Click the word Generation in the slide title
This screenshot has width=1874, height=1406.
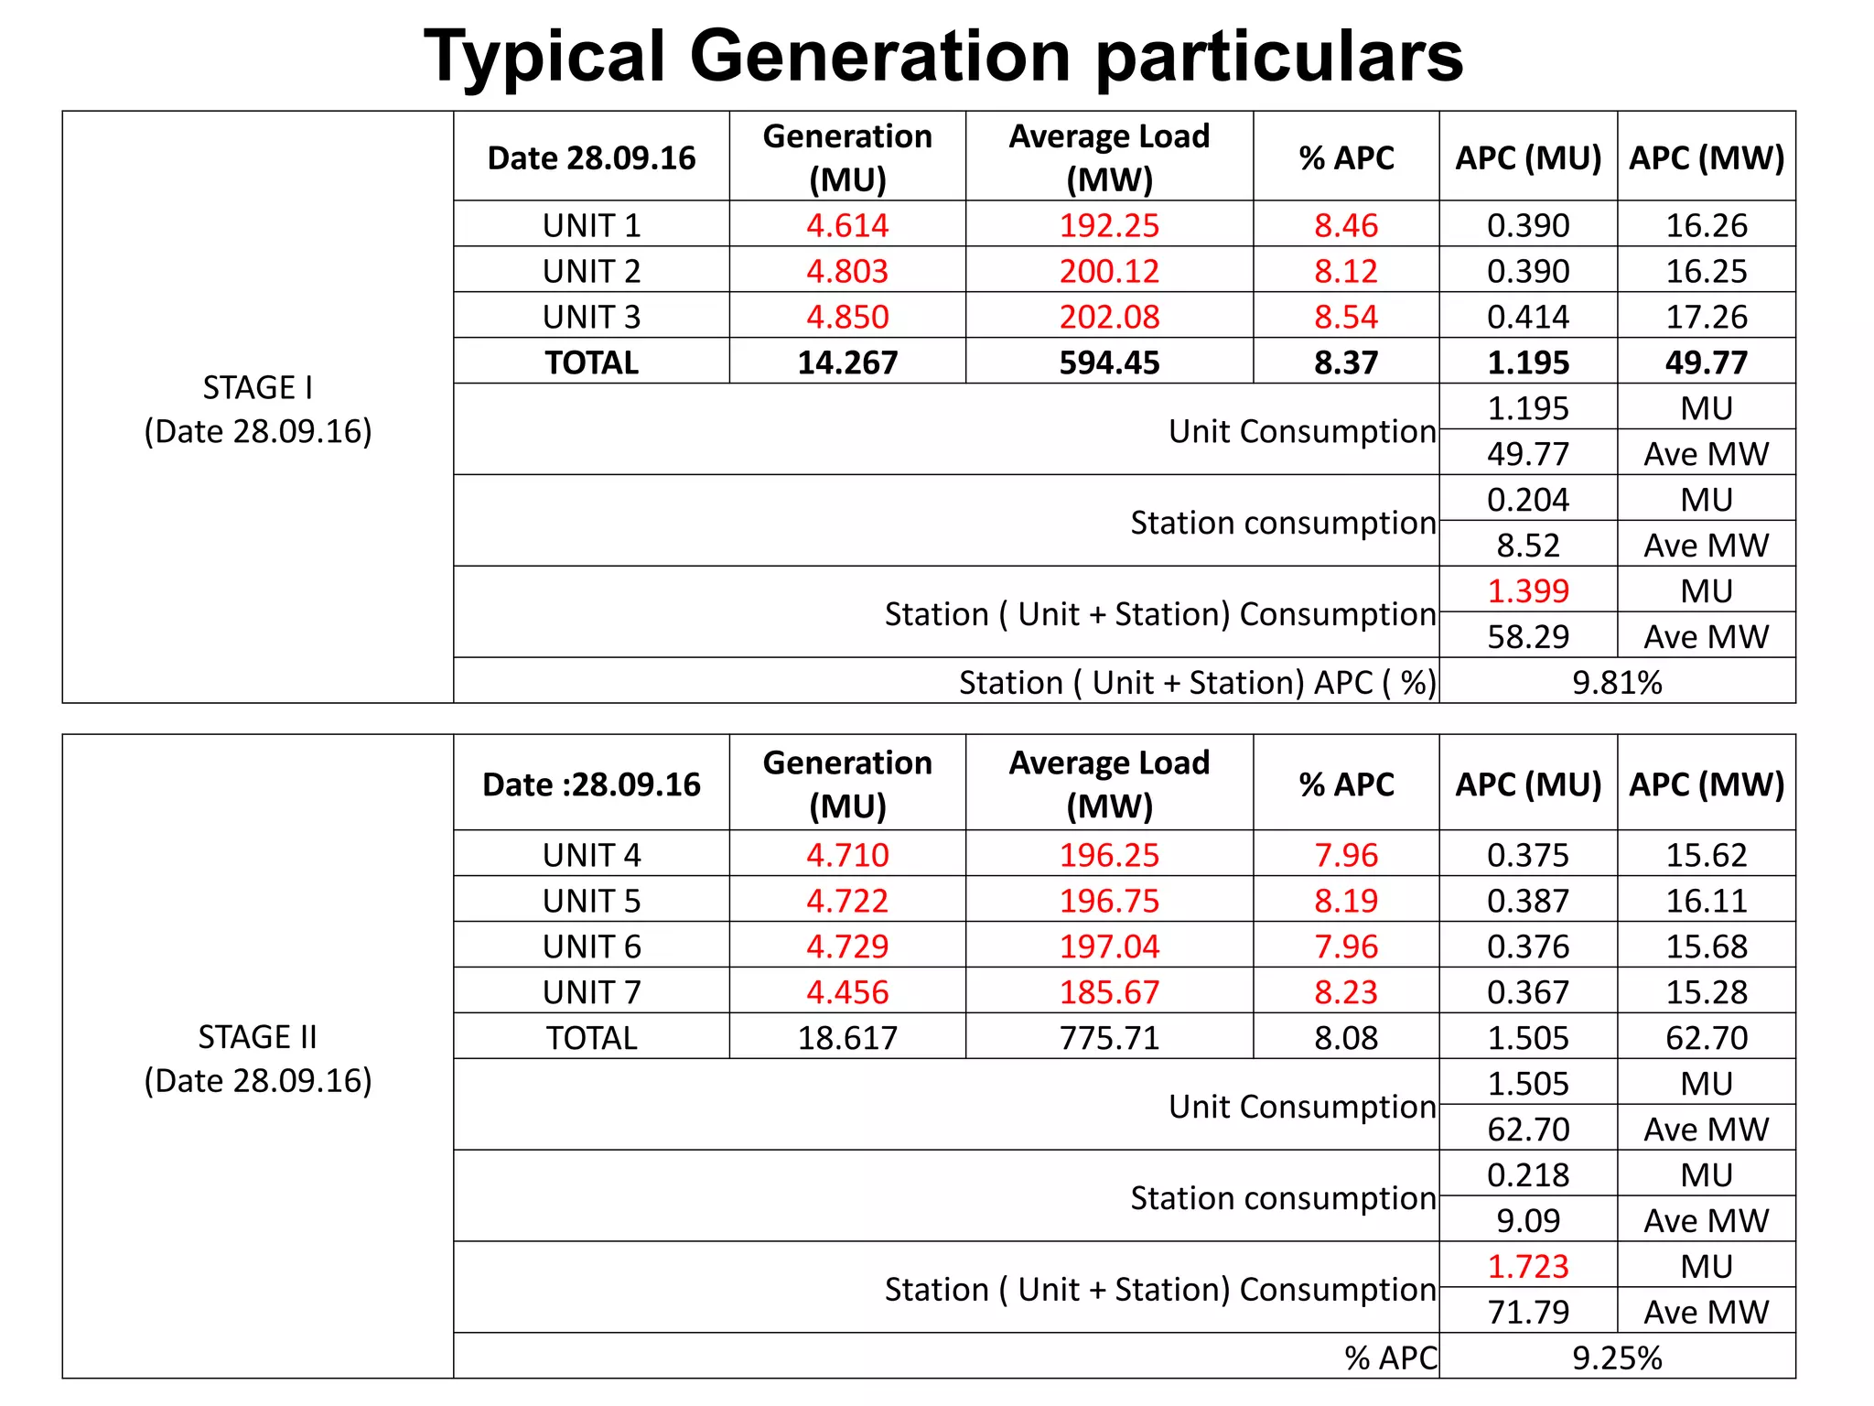click(879, 57)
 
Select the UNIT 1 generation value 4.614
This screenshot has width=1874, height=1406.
click(847, 225)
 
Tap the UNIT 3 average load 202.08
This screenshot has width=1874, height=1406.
click(1109, 317)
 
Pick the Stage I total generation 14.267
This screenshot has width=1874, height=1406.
click(847, 362)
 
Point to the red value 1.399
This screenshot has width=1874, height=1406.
click(1528, 590)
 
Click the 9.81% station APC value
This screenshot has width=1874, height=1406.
click(1617, 682)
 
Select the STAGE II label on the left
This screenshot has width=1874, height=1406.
click(258, 1037)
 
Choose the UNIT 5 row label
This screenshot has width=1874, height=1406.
click(591, 901)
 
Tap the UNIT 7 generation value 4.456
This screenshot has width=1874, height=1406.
click(847, 992)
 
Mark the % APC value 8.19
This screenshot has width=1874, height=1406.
click(1346, 901)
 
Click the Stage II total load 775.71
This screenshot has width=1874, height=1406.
click(1109, 1038)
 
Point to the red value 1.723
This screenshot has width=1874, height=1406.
click(1528, 1266)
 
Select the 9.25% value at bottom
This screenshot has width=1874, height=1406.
click(1617, 1357)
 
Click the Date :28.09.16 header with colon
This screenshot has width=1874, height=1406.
click(591, 784)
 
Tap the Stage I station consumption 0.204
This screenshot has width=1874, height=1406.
click(1528, 499)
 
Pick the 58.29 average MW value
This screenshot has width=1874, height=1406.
click(1528, 636)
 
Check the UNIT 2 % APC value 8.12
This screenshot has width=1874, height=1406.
click(1346, 271)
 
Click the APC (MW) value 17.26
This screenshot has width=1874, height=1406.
click(1707, 317)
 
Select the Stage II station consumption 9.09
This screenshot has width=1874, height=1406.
click(1528, 1220)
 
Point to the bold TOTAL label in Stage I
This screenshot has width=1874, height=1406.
click(591, 362)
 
